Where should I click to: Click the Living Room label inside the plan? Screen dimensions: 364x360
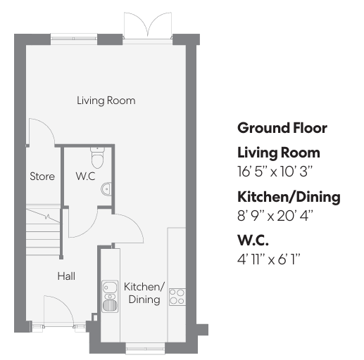pos(106,101)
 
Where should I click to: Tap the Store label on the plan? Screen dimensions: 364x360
pos(42,176)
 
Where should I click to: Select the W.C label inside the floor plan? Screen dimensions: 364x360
pos(85,176)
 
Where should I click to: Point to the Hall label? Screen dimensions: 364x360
pos(66,276)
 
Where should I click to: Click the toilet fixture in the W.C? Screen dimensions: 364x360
pos(97,157)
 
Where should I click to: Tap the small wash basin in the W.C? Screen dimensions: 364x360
pos(106,188)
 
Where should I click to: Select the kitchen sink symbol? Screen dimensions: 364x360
pos(110,296)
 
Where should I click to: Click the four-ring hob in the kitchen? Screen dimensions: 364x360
pos(177,297)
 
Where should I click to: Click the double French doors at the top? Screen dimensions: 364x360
pos(148,26)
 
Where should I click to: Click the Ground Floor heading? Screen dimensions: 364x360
pos(282,128)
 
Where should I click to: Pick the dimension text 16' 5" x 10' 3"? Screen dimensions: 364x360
pos(275,172)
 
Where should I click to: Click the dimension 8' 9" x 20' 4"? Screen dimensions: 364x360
pos(275,216)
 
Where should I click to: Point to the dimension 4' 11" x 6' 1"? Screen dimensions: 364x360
pos(269,259)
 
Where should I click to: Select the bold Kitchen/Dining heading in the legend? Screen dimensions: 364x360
pos(289,197)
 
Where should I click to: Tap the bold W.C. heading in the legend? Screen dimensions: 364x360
pos(253,240)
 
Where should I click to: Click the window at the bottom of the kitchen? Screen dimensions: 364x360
pos(145,349)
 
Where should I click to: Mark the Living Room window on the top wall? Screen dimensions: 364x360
pos(74,39)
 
